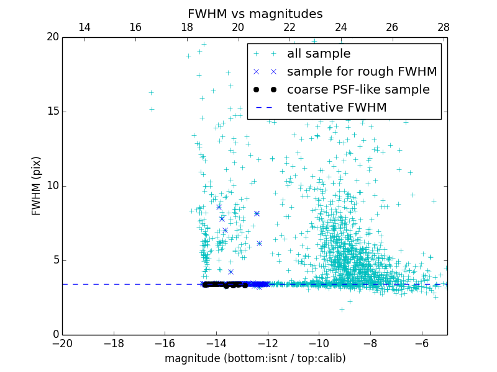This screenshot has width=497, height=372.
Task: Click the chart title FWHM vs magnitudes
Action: (255, 14)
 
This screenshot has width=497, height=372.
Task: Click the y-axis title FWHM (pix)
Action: (37, 185)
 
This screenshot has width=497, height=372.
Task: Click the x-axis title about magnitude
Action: (255, 358)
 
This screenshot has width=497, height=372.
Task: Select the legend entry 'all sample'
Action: (319, 54)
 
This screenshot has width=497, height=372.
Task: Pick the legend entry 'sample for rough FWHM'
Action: (362, 72)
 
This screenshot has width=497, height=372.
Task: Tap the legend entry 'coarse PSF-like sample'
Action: (358, 90)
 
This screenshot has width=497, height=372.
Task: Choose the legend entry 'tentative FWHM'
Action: (337, 108)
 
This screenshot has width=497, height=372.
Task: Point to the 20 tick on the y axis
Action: (52, 37)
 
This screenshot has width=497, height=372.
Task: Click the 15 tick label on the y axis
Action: (52, 112)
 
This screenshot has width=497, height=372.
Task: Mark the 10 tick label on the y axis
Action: (52, 186)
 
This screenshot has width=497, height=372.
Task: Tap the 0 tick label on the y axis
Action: (55, 335)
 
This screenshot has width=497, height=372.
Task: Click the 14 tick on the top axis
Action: (84, 27)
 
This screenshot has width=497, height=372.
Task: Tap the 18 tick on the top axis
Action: (187, 27)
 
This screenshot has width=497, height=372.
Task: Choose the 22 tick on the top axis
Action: (290, 27)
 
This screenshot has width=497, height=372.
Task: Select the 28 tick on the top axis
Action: (444, 27)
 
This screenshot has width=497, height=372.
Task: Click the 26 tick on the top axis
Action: (392, 27)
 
